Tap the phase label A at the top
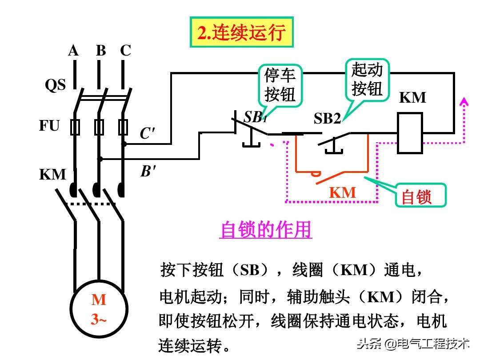73,51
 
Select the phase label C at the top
126,51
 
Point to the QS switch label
55,85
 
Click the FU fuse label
49,126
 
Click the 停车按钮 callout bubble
280,85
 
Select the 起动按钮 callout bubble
367,79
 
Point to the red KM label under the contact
343,192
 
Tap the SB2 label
327,119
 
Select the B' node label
148,172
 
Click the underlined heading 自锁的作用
265,230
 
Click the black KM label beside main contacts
52,174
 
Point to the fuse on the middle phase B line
99,127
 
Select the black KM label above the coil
412,98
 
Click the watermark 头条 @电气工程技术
413,343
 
